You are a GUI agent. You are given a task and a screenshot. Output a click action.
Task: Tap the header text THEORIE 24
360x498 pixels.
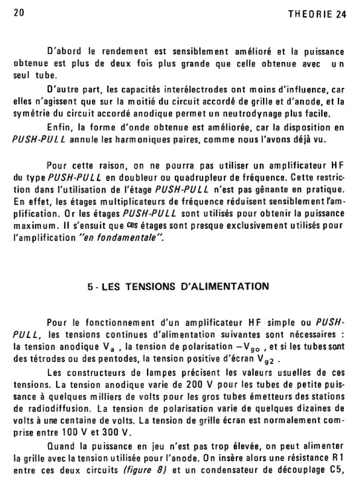pos(317,14)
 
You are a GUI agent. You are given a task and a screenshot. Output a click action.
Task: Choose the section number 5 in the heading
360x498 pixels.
pos(90,287)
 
